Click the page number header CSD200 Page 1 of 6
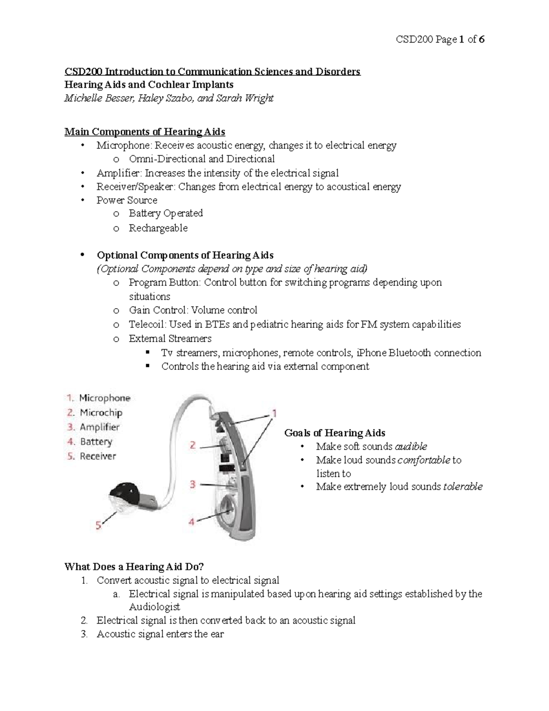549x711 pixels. tap(440, 40)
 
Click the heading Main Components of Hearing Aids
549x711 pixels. tap(145, 132)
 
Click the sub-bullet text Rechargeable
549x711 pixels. tap(158, 228)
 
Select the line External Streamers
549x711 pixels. tap(170, 339)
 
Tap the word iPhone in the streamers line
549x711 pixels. tap(371, 353)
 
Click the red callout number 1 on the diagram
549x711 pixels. tap(274, 413)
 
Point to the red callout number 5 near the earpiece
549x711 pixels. tap(98, 526)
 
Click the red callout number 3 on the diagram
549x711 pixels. tap(193, 484)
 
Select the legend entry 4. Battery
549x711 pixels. tap(90, 442)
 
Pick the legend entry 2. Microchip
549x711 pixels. tap(95, 412)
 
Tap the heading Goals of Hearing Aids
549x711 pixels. tap(334, 433)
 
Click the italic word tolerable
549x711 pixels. tap(463, 487)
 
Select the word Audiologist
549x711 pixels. tap(155, 607)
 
